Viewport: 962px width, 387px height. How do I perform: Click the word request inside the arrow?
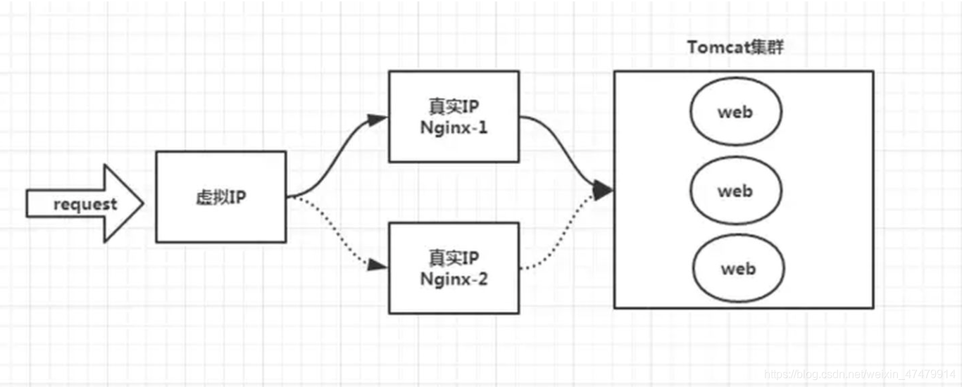85,205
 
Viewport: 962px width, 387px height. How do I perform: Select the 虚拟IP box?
220,197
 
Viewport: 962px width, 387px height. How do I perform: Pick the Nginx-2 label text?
454,279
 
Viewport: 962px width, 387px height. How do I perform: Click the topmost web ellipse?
735,113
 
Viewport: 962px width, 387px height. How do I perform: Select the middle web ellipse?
735,191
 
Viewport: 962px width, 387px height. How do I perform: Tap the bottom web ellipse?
737,269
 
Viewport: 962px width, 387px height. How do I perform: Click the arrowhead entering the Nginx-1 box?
379,118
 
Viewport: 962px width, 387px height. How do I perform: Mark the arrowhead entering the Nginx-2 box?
379,265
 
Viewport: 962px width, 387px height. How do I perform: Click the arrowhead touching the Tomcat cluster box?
604,190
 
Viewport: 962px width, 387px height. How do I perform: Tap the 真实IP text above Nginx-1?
454,108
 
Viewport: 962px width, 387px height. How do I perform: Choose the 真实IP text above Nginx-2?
454,257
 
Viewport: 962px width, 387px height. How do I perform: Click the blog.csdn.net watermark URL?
859,375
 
